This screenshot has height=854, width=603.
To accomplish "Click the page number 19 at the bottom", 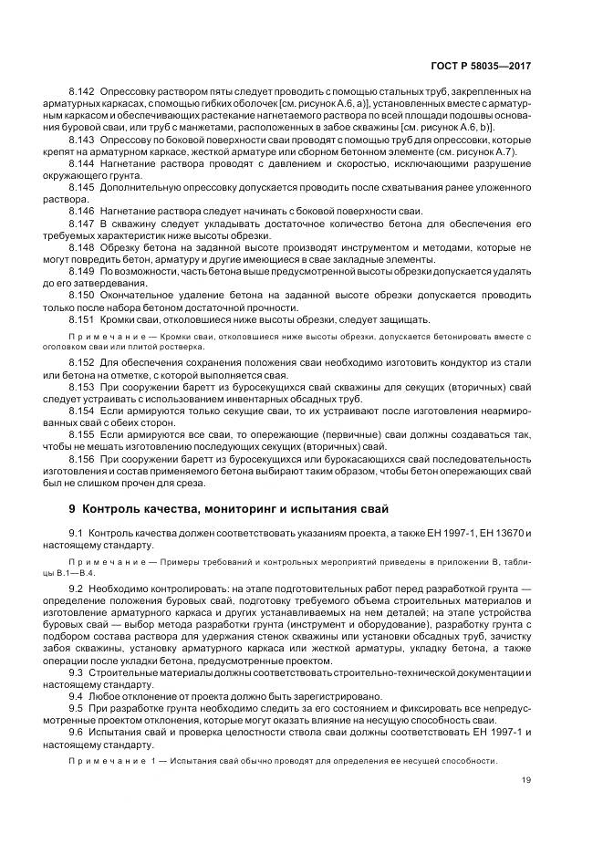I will [x=526, y=778].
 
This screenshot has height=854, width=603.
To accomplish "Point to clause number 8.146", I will [x=82, y=211].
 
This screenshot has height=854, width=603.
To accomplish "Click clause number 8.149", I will [x=82, y=272].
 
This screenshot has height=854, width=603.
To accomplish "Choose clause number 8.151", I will [x=82, y=320].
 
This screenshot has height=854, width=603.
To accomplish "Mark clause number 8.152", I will [x=82, y=364].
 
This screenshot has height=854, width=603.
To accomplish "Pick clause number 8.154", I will [x=82, y=412].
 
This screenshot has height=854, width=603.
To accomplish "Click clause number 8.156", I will [x=82, y=461].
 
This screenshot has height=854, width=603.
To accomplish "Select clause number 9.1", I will [x=77, y=532].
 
